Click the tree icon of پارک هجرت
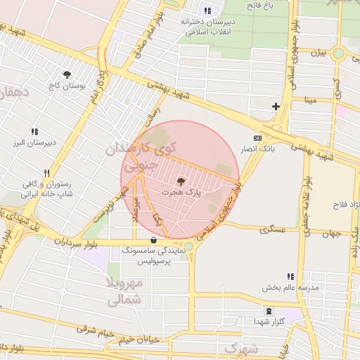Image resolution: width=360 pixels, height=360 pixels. pos(182,181)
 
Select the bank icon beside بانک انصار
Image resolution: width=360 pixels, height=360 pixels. pos(257,138)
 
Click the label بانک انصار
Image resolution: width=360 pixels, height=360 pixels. pos(257,149)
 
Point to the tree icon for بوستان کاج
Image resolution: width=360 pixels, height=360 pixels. pos(67,75)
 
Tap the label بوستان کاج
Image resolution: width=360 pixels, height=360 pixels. pos(67,86)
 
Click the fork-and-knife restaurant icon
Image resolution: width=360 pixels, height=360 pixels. pos(47,172)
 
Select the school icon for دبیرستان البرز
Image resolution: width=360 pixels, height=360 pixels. pos(34,131)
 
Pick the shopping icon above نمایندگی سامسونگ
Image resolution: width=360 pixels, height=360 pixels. pos(153,240)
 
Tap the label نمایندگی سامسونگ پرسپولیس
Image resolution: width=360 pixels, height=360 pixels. pos(153,255)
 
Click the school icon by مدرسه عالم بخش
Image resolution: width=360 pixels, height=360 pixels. pos(290,276)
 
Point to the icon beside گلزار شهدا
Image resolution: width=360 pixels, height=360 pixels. pos(267,310)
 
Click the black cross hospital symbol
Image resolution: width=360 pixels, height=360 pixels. pos(276,107)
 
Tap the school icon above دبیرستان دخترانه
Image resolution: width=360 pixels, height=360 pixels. pos(207,11)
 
